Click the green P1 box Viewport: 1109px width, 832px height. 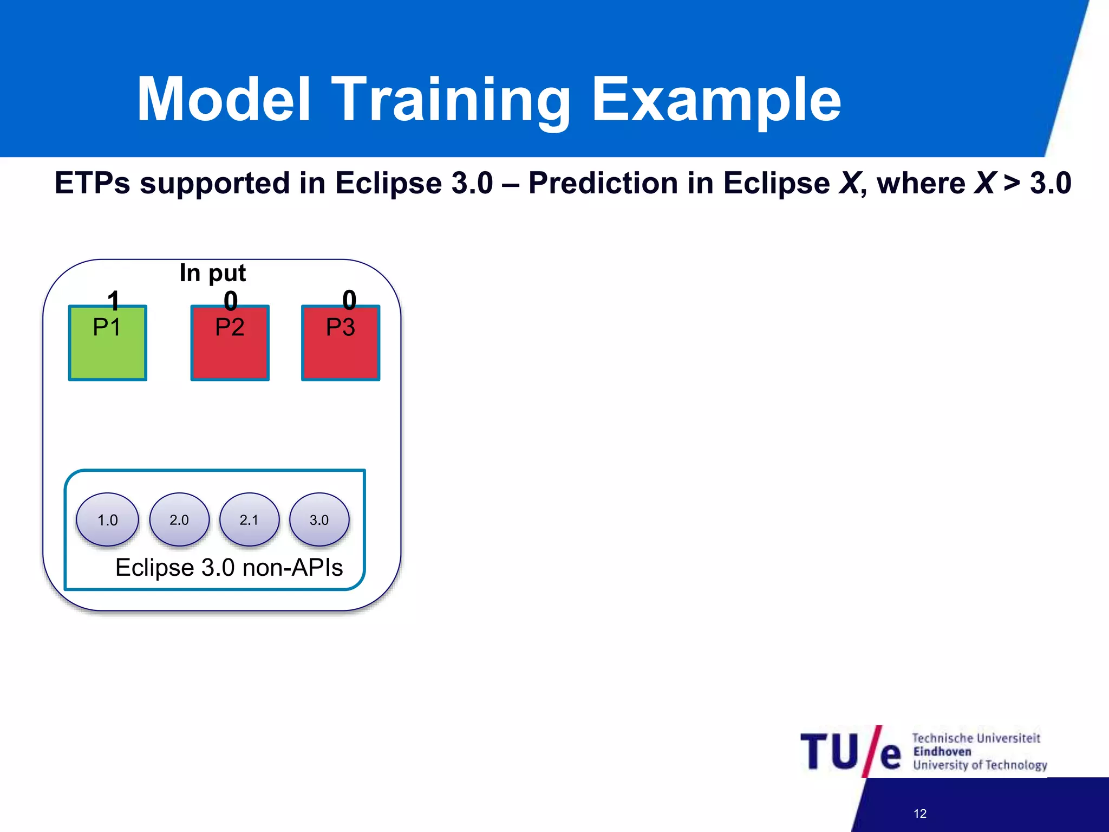pos(107,343)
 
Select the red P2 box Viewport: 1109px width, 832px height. pos(230,343)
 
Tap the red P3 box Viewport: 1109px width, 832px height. pos(341,343)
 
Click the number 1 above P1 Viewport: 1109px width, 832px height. pos(113,300)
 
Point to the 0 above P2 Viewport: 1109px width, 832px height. pos(231,301)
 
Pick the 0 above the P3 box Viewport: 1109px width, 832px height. pos(349,300)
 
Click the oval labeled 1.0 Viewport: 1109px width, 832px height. pos(107,519)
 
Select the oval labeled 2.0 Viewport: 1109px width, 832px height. pos(179,519)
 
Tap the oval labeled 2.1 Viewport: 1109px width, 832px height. pos(249,519)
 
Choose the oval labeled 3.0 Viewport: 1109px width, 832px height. pos(319,519)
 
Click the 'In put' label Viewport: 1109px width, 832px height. pos(212,273)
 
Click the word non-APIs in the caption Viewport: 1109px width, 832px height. pos(292,568)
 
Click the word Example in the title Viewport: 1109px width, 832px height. pos(716,100)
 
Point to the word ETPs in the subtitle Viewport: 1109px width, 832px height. pos(92,183)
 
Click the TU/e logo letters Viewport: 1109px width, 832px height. pos(850,752)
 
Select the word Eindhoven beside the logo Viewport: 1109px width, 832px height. pos(942,751)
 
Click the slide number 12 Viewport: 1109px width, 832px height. pos(919,814)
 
